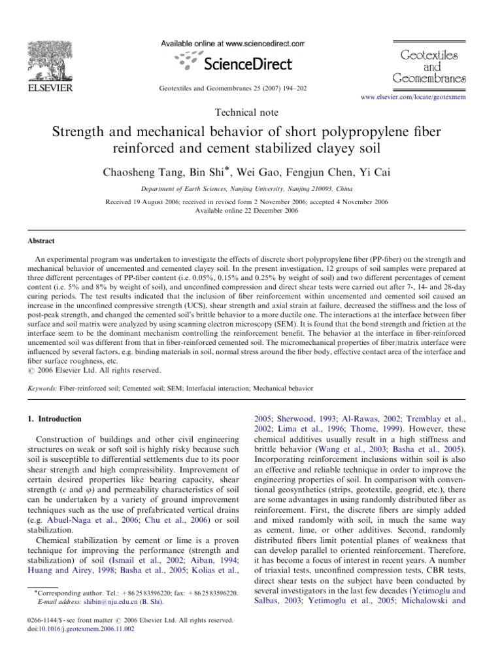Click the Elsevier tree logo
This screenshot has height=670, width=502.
(50, 60)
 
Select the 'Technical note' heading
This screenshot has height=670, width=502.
(251, 113)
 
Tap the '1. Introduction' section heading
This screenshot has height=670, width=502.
(56, 419)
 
